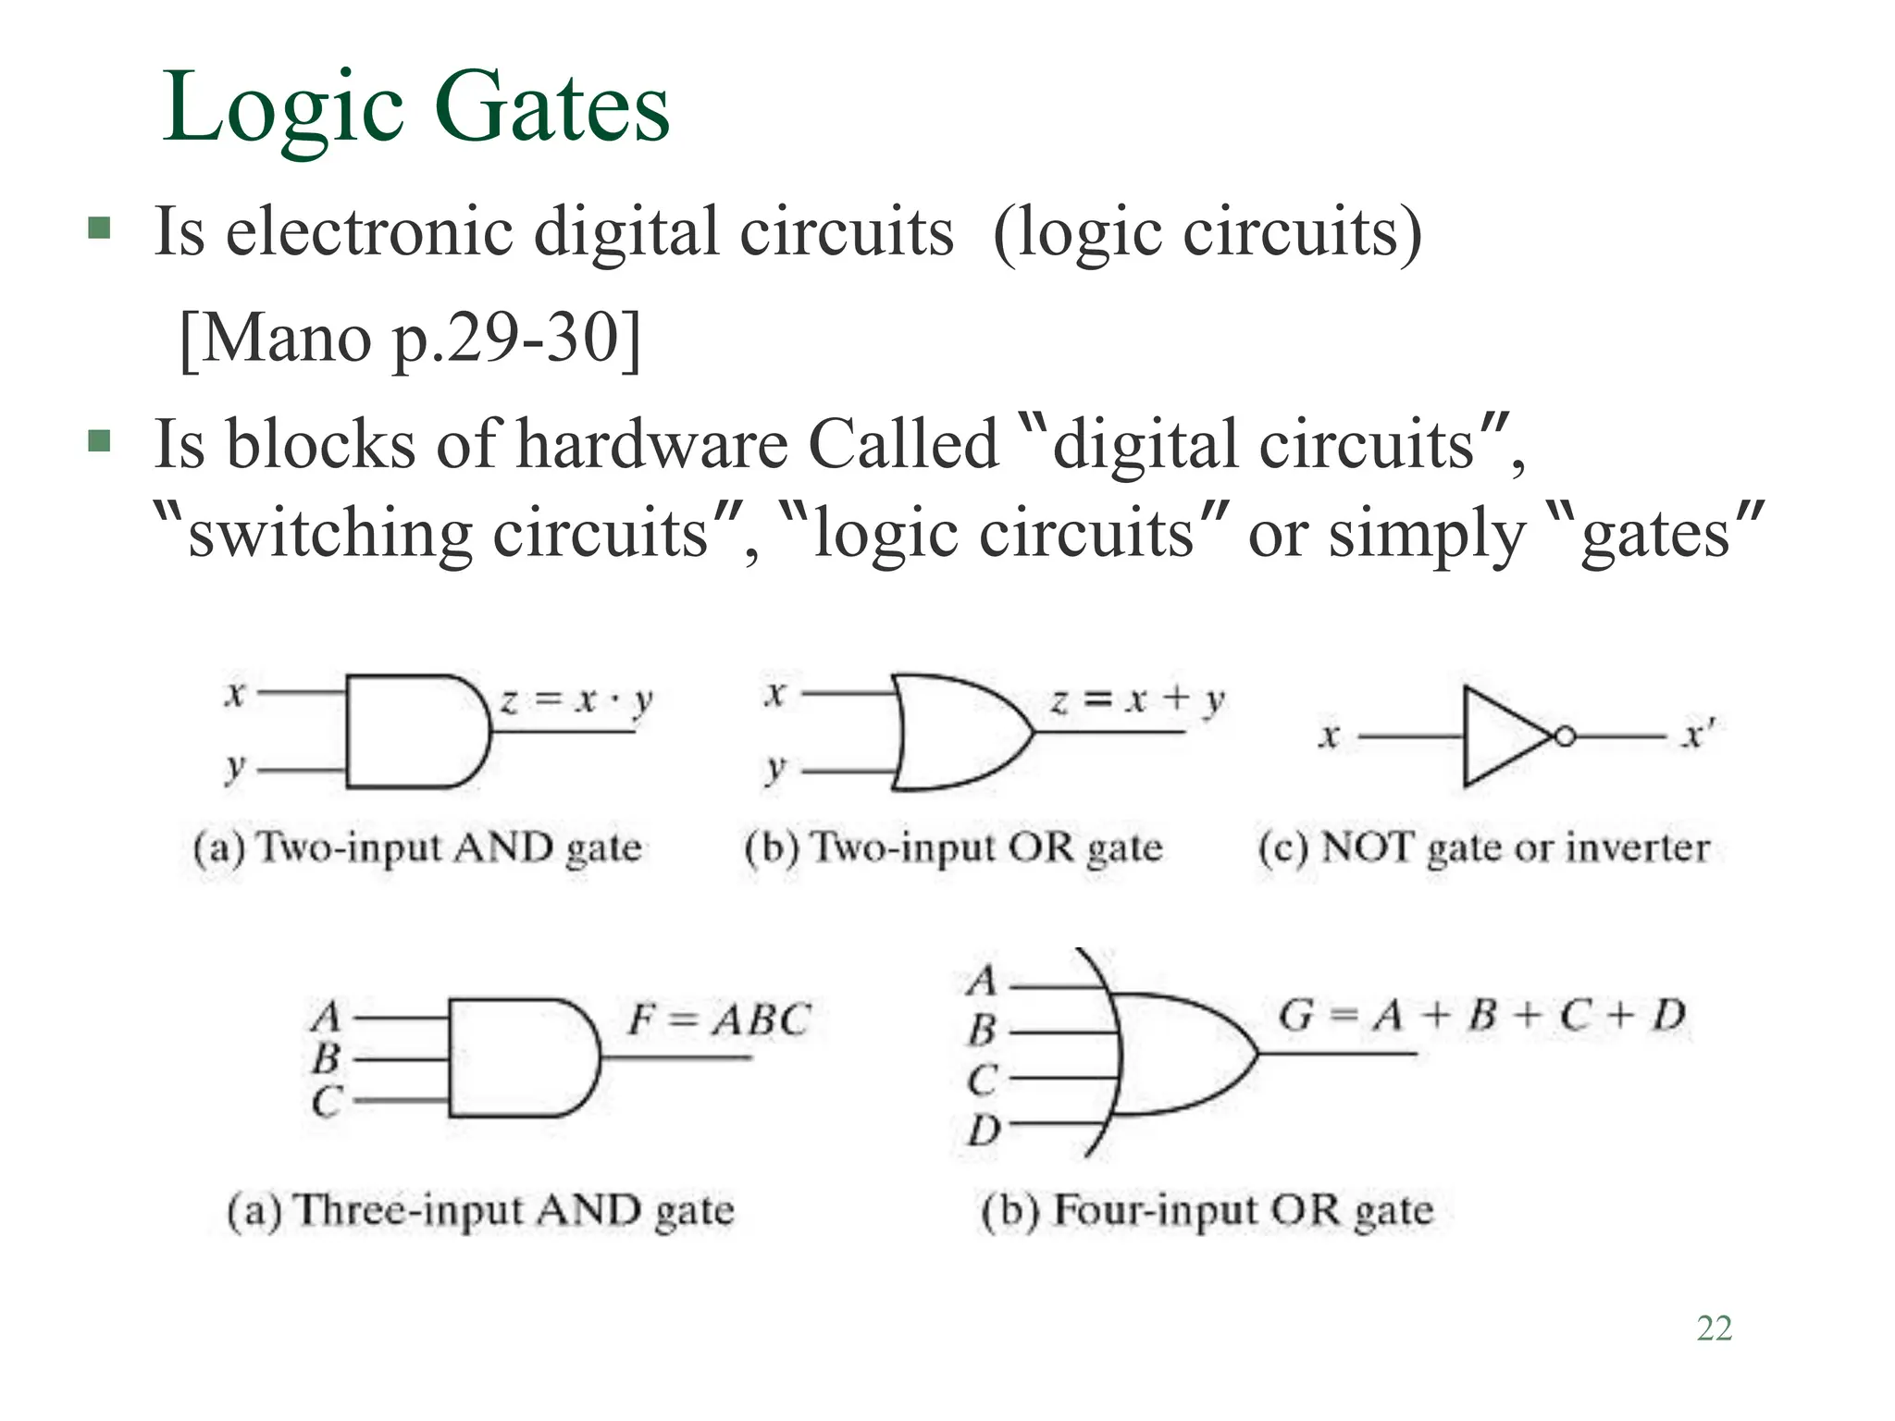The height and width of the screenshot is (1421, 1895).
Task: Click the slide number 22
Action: (1714, 1328)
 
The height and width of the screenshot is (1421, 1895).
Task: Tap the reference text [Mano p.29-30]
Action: (410, 339)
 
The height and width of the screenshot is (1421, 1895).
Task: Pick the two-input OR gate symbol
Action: (958, 732)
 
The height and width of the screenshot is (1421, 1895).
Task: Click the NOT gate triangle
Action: (1504, 736)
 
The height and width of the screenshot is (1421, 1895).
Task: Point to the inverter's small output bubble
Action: (1565, 737)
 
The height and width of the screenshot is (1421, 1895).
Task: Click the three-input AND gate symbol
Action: (521, 1057)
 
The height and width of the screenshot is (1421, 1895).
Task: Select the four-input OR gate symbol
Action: (1180, 1054)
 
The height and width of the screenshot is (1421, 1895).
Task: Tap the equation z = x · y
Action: (576, 700)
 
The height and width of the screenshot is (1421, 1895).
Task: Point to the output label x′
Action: (1697, 735)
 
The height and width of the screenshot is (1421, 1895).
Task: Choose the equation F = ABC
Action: (719, 1019)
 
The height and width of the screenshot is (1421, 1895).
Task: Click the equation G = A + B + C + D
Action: (1481, 1015)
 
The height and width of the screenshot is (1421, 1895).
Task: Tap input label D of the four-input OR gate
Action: (984, 1130)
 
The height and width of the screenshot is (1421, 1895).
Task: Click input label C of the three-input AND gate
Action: (327, 1101)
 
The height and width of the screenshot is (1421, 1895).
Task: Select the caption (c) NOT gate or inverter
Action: (1483, 847)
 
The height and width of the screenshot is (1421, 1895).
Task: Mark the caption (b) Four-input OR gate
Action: (1207, 1210)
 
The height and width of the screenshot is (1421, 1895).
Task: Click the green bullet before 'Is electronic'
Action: (99, 228)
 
